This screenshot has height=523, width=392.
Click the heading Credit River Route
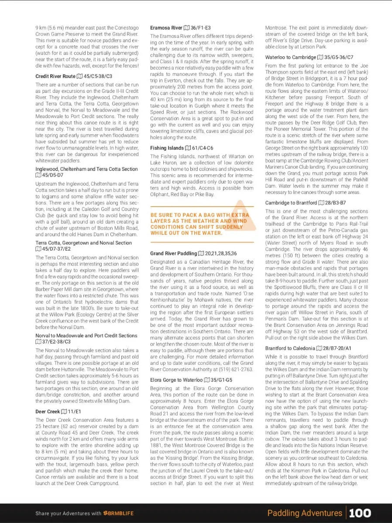[x=55, y=76]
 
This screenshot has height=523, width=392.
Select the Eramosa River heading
[x=166, y=27]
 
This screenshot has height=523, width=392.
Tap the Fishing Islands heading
[x=167, y=148]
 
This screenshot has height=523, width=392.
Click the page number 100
[x=360, y=513]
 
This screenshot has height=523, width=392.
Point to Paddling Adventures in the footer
[x=304, y=513]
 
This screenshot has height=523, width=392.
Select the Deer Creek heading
[x=48, y=411]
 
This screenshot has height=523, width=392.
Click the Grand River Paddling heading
[x=173, y=253]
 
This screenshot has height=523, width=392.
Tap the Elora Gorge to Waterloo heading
[x=176, y=380]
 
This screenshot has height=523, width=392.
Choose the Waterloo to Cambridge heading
[x=290, y=58]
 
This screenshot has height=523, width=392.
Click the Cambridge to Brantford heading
[x=291, y=203]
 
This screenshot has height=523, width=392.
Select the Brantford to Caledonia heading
[x=290, y=348]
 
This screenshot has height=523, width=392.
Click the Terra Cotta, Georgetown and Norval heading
[x=83, y=243]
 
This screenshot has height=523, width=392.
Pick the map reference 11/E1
[x=74, y=411]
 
